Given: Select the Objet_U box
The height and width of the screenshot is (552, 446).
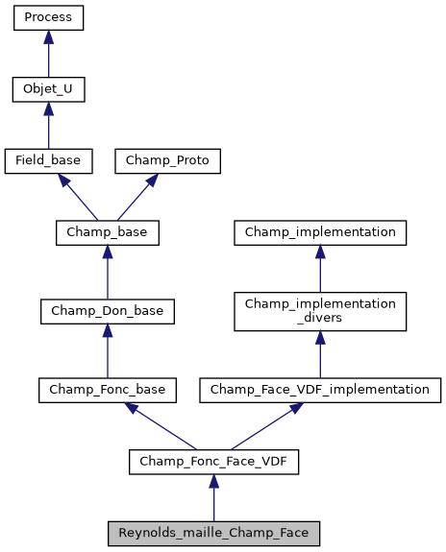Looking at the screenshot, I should (x=48, y=90).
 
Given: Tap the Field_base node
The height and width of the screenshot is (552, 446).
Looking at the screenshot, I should (x=48, y=161).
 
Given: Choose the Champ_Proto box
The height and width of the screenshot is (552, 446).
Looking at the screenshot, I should (x=168, y=161).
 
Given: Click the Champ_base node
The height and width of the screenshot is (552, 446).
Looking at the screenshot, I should (x=107, y=232).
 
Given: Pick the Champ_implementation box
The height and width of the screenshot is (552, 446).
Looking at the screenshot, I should (x=320, y=232).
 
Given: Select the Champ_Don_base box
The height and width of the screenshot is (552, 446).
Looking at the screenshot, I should (x=107, y=311).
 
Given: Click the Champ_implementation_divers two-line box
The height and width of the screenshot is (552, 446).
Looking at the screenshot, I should (x=320, y=311).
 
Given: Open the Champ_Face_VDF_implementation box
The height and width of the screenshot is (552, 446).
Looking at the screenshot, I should (x=320, y=390).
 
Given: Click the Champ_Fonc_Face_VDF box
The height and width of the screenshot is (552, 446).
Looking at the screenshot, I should (x=213, y=462).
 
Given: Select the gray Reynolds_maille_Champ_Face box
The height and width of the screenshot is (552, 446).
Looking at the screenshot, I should (x=213, y=533).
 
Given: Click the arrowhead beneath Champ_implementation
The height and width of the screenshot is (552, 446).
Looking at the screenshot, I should (x=320, y=253).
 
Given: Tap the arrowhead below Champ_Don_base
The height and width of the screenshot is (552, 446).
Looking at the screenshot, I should (x=107, y=332).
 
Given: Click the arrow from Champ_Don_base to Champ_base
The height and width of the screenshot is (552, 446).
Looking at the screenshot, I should (x=107, y=274).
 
